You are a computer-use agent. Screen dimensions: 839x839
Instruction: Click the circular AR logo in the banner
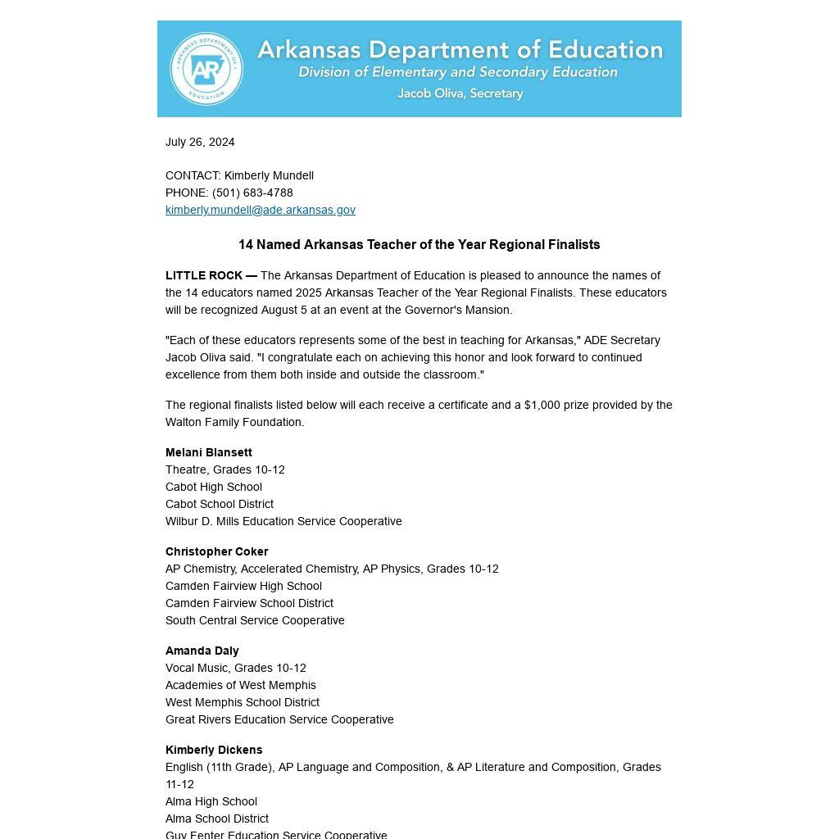point(206,69)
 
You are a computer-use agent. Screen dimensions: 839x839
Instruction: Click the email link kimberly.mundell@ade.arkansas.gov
point(261,210)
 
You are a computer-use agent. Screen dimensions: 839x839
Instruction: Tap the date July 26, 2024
point(200,142)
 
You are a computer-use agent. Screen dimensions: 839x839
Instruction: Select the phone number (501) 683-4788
point(252,193)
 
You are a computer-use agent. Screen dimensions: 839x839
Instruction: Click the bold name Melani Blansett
point(209,452)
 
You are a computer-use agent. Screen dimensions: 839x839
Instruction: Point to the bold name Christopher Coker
point(217,551)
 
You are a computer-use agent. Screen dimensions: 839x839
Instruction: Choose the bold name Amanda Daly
point(202,651)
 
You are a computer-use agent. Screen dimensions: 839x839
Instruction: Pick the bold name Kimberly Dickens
point(214,750)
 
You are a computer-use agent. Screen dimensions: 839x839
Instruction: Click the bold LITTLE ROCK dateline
point(211,275)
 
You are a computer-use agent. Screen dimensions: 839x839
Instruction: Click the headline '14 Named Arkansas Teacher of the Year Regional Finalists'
point(419,244)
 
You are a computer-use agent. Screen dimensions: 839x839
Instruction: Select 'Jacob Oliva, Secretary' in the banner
point(460,93)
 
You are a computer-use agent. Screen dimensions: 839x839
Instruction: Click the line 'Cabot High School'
point(214,487)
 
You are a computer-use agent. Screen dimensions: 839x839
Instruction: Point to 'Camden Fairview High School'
point(243,586)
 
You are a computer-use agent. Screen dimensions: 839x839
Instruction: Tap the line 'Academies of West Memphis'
point(241,685)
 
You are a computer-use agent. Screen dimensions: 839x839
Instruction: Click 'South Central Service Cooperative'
point(255,620)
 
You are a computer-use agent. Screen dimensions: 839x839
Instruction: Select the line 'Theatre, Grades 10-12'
point(225,469)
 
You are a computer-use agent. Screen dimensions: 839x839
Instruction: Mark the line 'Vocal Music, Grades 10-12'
point(236,668)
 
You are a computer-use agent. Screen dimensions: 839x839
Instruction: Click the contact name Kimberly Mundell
point(269,175)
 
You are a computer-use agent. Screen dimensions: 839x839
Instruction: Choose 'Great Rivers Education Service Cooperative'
point(279,719)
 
